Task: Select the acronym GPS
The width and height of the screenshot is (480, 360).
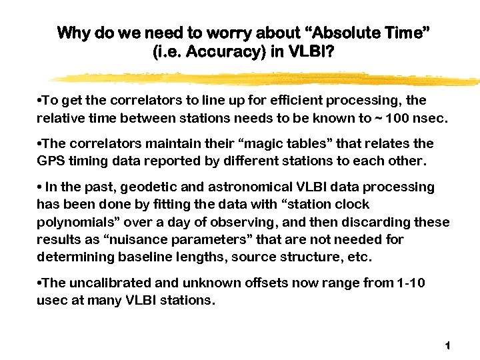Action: pos(49,161)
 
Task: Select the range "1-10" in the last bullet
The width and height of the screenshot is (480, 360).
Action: pos(411,283)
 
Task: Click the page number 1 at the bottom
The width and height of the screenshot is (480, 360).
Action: pos(447,345)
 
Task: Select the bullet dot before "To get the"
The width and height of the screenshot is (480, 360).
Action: pos(40,101)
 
